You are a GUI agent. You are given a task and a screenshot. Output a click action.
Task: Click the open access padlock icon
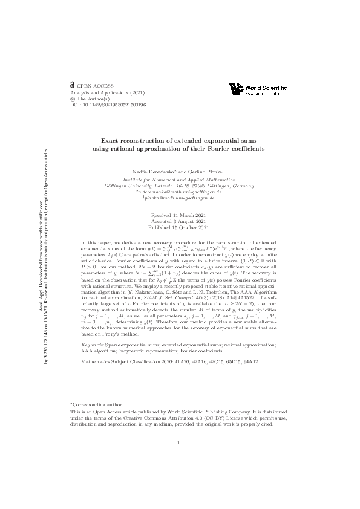73,86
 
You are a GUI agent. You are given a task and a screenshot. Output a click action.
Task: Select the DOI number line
108,105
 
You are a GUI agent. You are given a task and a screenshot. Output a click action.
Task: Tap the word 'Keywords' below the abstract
91,343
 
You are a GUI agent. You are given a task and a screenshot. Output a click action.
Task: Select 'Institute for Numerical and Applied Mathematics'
179,180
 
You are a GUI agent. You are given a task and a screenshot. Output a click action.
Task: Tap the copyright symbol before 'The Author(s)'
73,99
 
